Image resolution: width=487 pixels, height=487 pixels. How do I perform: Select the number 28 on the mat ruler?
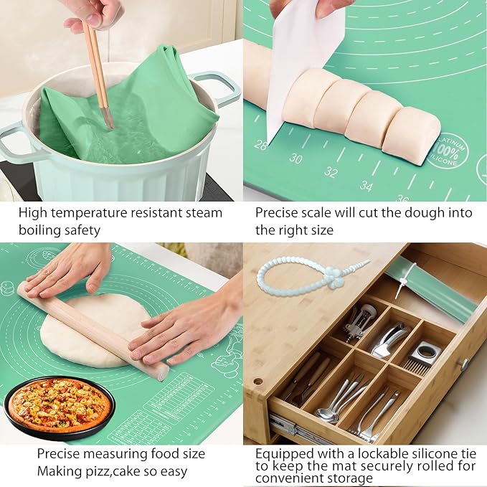pyautogui.click(x=260, y=144)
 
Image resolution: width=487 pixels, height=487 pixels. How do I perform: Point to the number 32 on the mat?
pyautogui.click(x=331, y=172)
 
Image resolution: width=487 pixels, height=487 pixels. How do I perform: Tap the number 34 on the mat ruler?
pyautogui.click(x=366, y=186)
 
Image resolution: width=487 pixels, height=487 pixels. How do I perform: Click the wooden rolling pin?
pyautogui.click(x=93, y=329)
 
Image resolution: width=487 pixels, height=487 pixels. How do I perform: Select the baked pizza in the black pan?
pyautogui.click(x=59, y=405)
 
